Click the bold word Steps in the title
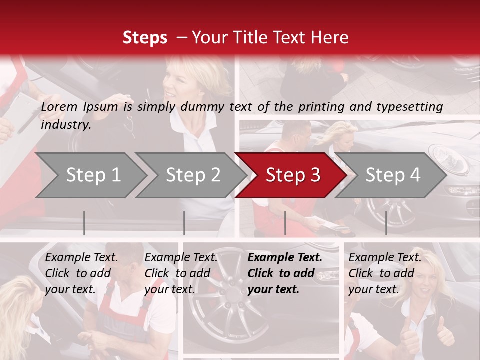tap(145, 38)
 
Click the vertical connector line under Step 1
tap(84, 223)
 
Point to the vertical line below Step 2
tap(184, 223)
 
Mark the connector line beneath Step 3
tap(285, 223)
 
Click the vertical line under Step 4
tap(386, 223)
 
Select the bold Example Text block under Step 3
tap(285, 273)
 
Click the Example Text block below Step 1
tap(82, 273)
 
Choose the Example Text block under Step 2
tap(181, 273)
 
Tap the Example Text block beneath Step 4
tap(385, 273)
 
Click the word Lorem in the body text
tap(59, 107)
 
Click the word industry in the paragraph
tap(65, 125)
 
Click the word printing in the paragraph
tap(320, 107)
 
